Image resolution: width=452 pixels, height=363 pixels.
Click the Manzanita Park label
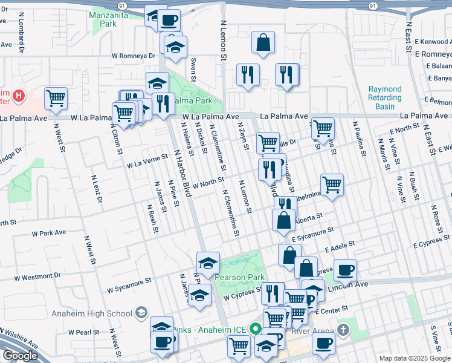(103, 19)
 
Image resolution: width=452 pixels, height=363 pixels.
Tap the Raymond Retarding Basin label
(385, 98)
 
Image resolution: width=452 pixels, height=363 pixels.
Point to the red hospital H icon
(19, 96)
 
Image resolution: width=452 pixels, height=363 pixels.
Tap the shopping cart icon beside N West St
(56, 97)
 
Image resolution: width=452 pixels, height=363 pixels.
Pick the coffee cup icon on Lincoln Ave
(345, 269)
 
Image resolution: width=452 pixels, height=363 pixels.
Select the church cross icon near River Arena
(344, 330)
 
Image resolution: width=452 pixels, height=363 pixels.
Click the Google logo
(20, 356)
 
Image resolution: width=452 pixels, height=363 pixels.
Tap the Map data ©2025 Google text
(415, 358)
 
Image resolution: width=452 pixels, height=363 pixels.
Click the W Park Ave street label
(49, 232)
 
